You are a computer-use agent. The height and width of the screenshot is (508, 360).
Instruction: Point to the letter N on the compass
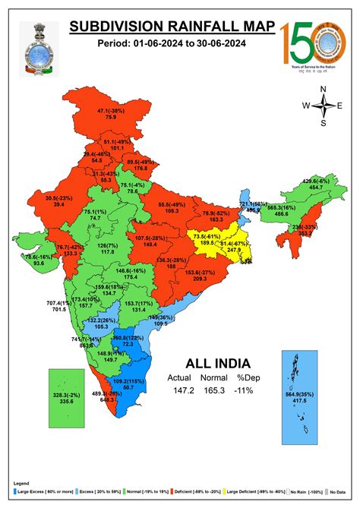click(x=323, y=90)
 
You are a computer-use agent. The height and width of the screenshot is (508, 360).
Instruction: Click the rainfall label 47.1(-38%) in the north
click(x=111, y=111)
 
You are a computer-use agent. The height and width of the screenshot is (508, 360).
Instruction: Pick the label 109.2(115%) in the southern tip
click(x=128, y=380)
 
